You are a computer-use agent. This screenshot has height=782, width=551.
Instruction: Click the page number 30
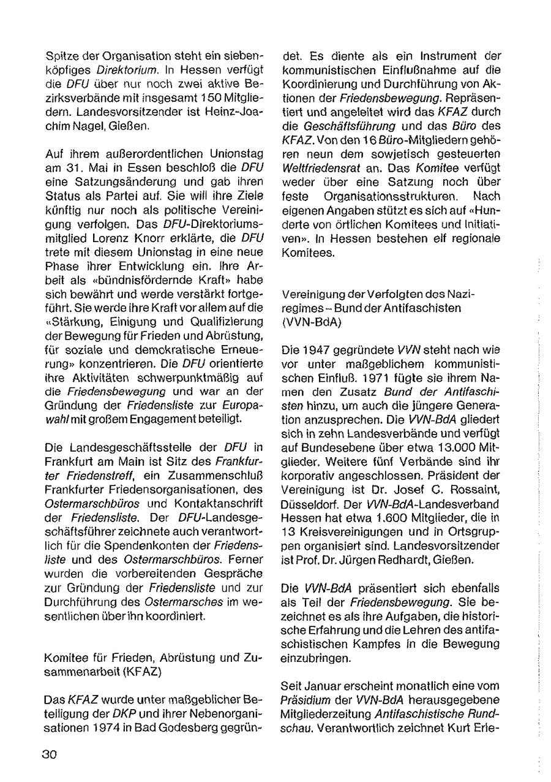50,754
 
